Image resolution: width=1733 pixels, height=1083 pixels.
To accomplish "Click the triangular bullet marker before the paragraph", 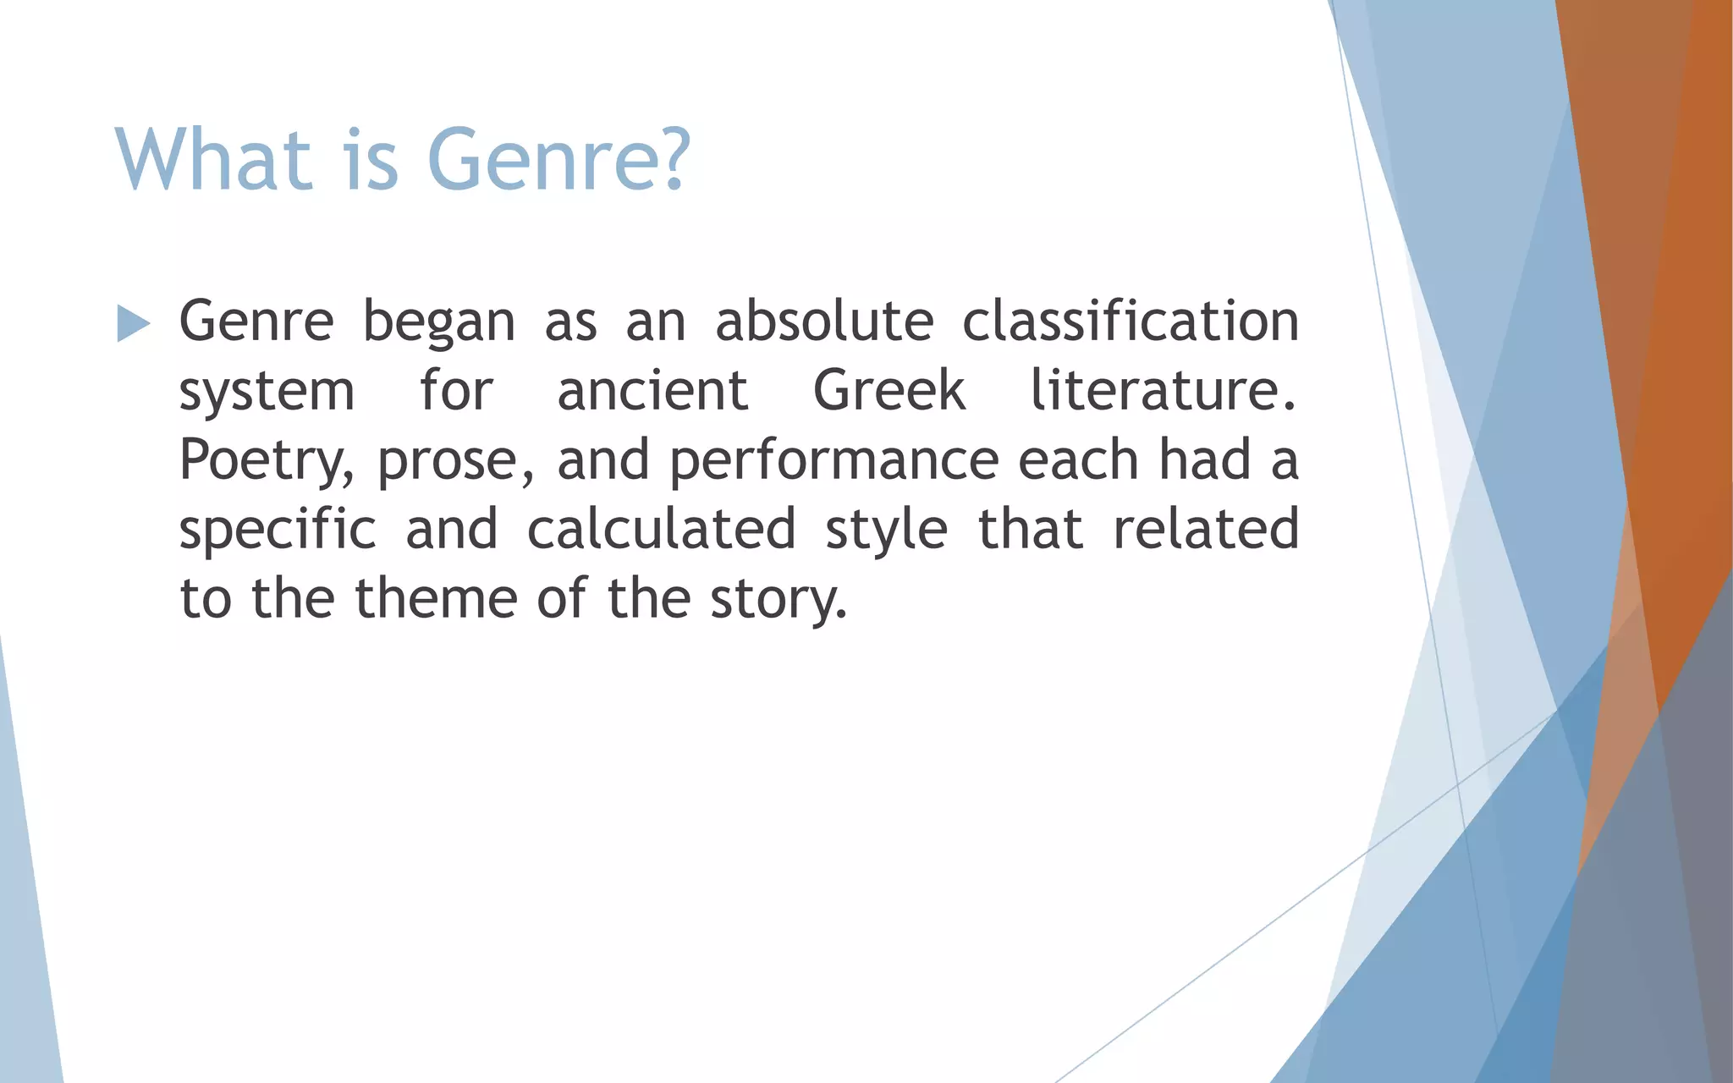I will pos(133,323).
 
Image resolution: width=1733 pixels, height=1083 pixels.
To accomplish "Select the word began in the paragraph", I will pos(438,322).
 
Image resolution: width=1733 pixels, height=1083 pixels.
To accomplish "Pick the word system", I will pos(267,391).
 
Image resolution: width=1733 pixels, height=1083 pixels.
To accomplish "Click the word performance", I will pos(834,460).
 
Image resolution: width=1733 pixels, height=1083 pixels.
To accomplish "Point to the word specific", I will pos(278,530).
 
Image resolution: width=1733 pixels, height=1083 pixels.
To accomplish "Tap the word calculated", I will pos(661,529).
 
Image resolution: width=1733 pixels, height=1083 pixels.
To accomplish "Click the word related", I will pos(1206,529).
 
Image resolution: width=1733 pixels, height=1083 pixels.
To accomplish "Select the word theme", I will pos(436,598).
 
